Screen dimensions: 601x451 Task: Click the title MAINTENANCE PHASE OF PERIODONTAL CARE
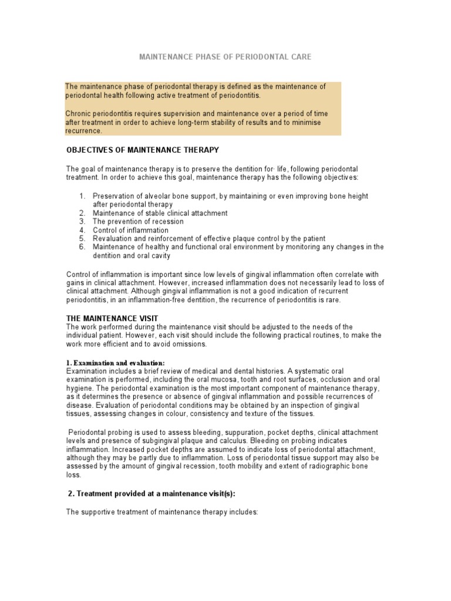click(x=225, y=57)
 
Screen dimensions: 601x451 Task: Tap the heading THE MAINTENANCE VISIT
click(x=112, y=318)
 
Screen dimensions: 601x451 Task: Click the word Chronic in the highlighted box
click(x=79, y=113)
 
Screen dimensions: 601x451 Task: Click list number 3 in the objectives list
click(x=82, y=222)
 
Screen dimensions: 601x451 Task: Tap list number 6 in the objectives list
click(x=82, y=247)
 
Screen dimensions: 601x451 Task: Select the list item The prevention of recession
click(x=138, y=222)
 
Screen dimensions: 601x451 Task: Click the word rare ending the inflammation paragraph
click(x=332, y=299)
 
